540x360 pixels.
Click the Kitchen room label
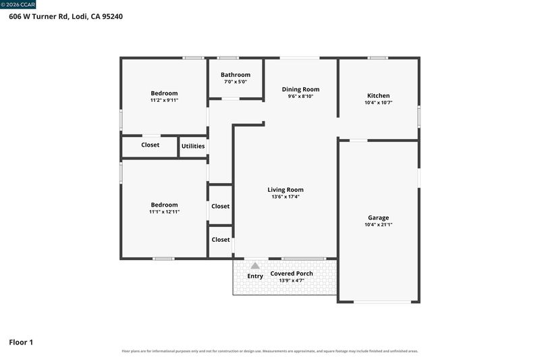[378, 96]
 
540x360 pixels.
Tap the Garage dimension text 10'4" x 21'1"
[378, 225]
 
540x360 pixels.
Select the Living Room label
[286, 190]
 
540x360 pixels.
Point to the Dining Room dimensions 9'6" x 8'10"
[300, 97]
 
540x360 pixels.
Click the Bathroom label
[236, 75]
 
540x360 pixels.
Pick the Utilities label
[193, 146]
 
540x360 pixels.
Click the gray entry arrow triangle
[255, 265]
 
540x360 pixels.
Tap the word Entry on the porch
[255, 276]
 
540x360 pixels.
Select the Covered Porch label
[292, 274]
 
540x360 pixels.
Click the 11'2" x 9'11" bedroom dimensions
[164, 100]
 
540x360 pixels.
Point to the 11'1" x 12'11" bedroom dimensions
[164, 212]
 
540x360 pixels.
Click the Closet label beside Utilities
[150, 145]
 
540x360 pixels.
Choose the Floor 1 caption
[21, 342]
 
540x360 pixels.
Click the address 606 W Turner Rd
[38, 16]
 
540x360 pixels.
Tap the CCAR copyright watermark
[18, 5]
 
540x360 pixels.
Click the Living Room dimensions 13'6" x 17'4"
[286, 197]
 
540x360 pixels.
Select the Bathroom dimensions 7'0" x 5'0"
[236, 82]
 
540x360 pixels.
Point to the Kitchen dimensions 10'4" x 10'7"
[378, 103]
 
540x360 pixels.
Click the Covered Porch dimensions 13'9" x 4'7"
[292, 281]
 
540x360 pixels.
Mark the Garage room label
[378, 217]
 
